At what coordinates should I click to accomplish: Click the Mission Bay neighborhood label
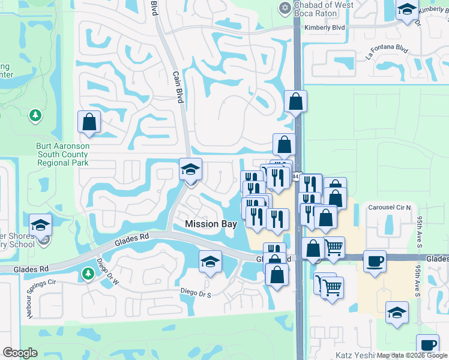click(x=211, y=224)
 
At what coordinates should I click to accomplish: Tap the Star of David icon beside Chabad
click(x=285, y=8)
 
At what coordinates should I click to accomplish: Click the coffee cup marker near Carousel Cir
click(x=375, y=262)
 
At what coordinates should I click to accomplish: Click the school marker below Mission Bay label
click(x=210, y=262)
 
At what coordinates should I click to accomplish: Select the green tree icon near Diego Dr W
click(x=88, y=275)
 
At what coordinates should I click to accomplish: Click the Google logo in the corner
click(x=20, y=353)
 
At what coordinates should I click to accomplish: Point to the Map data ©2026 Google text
click(x=412, y=355)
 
